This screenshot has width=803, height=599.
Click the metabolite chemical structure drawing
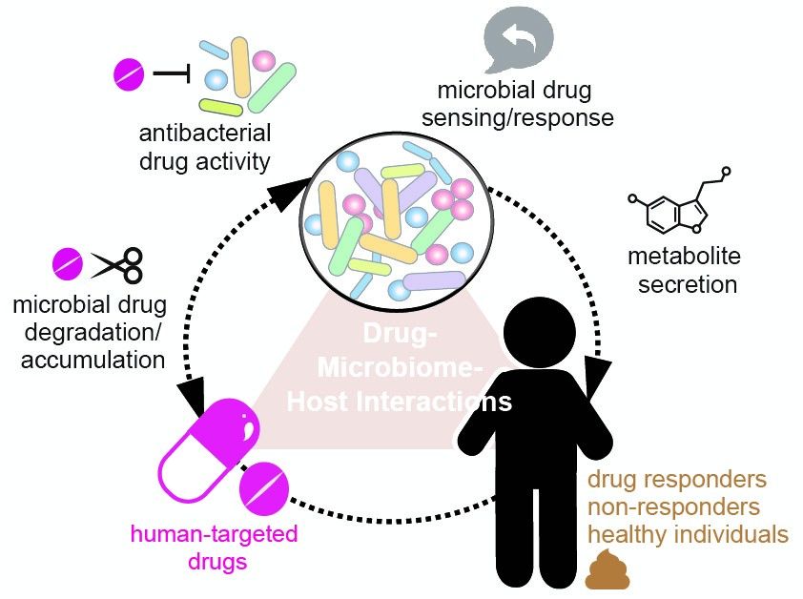coord(680,207)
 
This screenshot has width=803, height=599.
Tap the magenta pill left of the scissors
coord(68,261)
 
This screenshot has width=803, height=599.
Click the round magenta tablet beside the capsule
coord(264,488)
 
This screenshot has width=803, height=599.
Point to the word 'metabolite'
coord(683,257)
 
